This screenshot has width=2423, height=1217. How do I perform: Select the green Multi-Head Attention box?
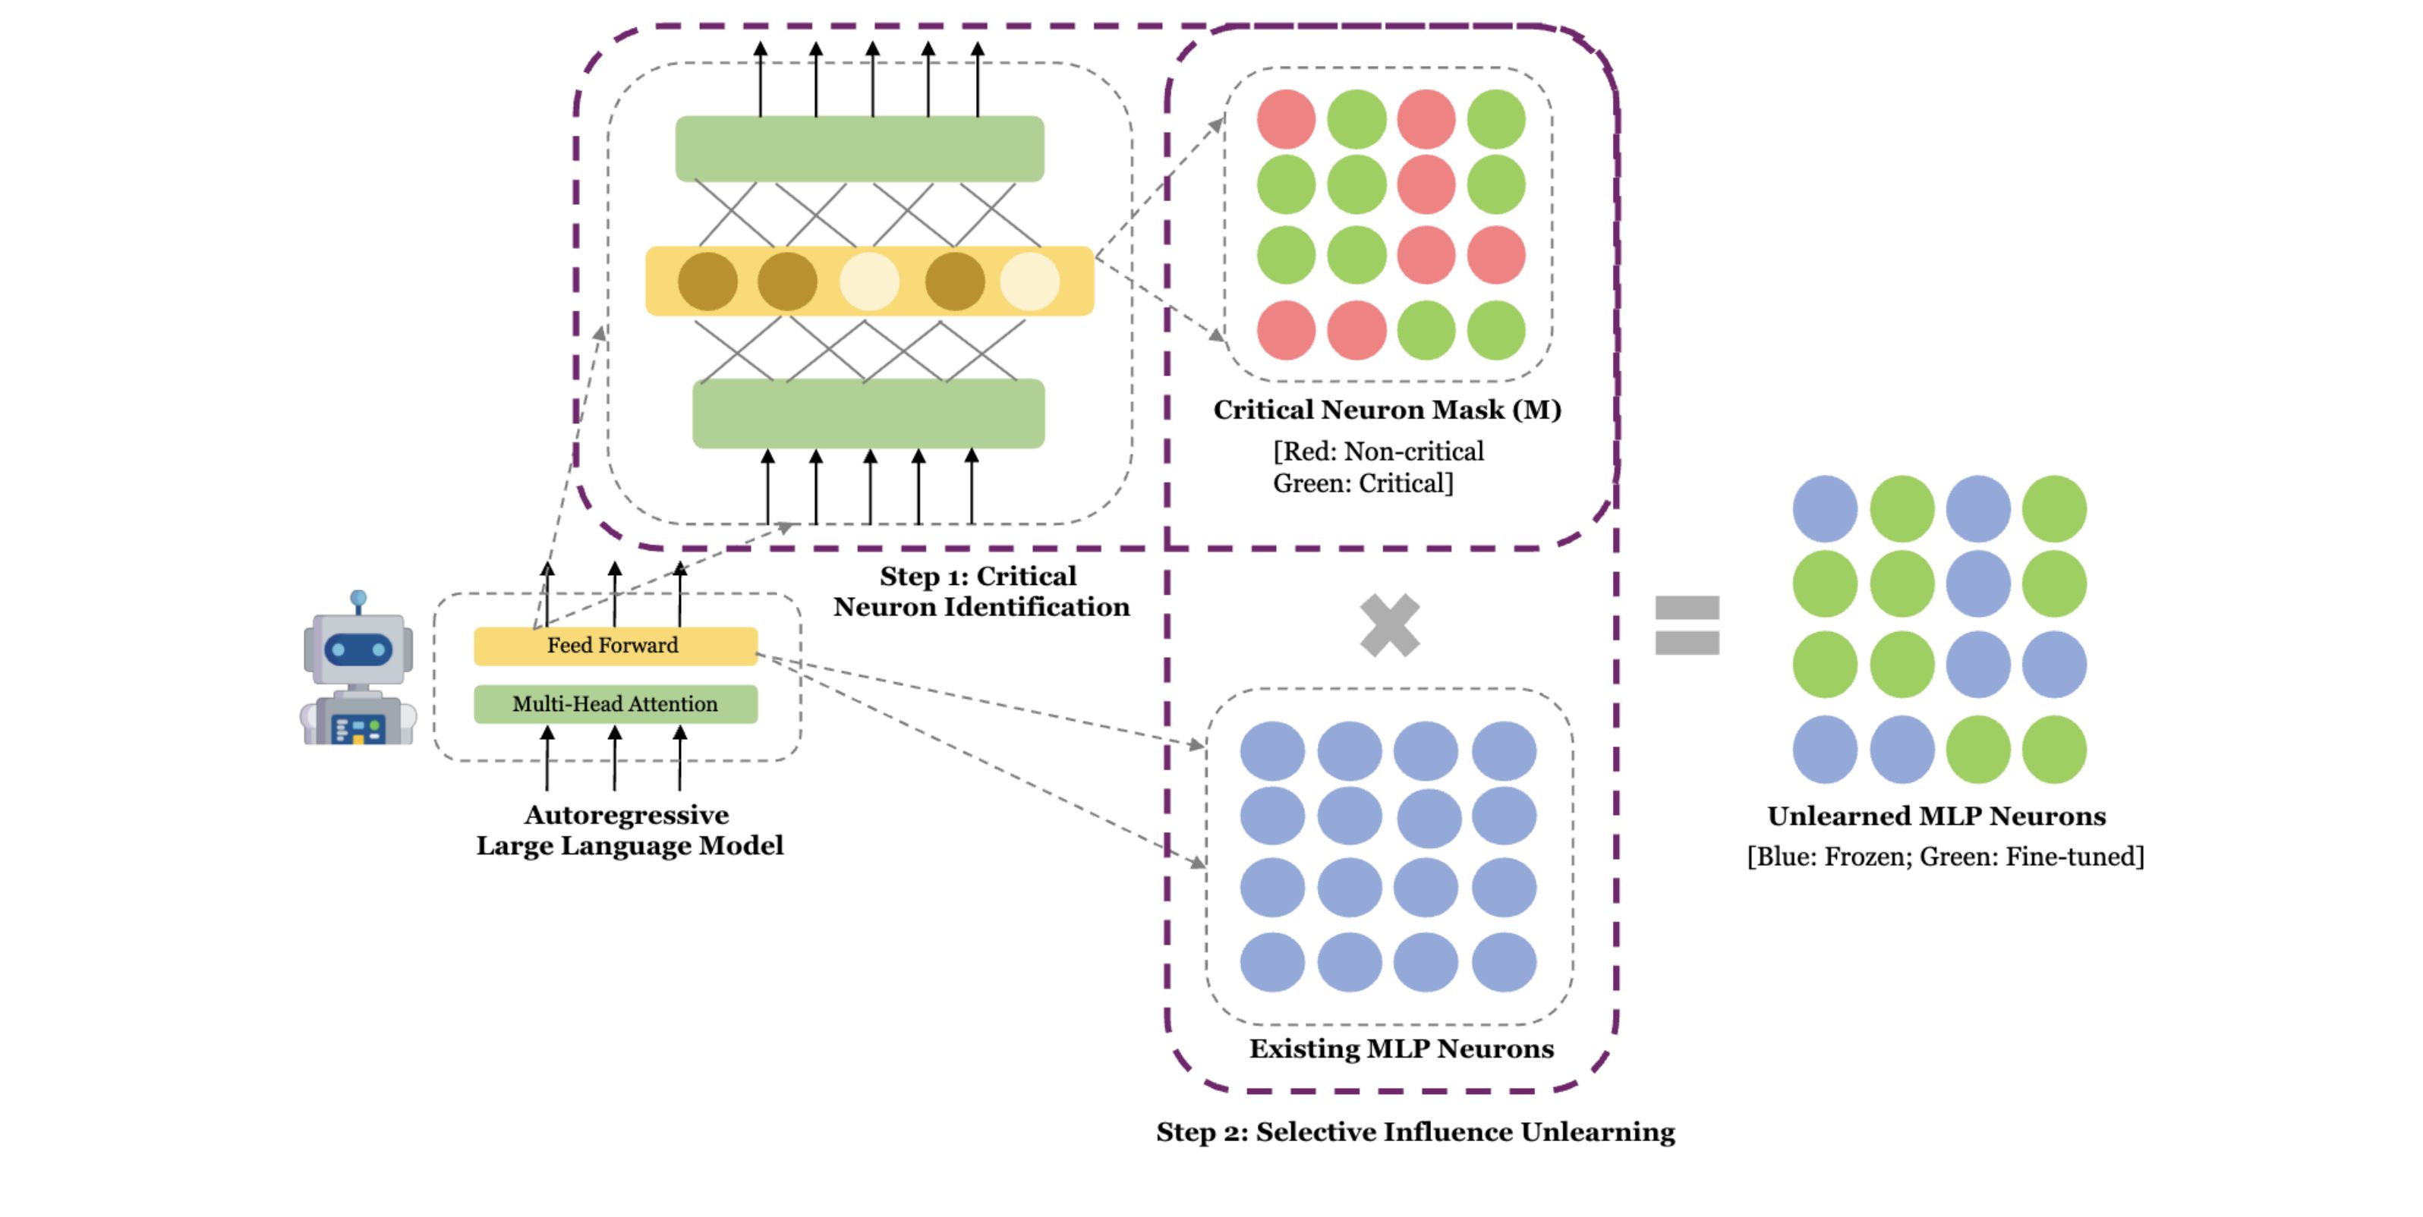[615, 704]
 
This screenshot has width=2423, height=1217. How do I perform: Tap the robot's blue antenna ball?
[358, 598]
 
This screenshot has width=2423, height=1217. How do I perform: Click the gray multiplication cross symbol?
[1389, 625]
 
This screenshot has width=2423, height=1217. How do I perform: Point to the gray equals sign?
[1687, 625]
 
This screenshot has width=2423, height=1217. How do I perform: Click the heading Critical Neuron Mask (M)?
[1386, 410]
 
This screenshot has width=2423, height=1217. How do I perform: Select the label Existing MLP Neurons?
[1401, 1049]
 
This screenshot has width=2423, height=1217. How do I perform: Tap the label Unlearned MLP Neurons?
[1936, 816]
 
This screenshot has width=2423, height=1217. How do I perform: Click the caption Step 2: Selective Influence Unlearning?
[1415, 1131]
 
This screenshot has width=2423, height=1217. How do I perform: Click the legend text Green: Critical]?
[1363, 483]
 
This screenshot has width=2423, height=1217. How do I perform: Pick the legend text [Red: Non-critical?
[1378, 451]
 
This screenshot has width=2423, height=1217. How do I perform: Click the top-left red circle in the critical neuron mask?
[1286, 119]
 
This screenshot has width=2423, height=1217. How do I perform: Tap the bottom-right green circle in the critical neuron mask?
[1495, 330]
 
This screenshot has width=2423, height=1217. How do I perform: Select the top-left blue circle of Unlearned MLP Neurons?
[1825, 509]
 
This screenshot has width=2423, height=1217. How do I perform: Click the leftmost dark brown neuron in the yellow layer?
[707, 281]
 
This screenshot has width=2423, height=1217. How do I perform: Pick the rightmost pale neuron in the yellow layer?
[1029, 281]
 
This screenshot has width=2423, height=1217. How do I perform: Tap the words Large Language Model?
[629, 845]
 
